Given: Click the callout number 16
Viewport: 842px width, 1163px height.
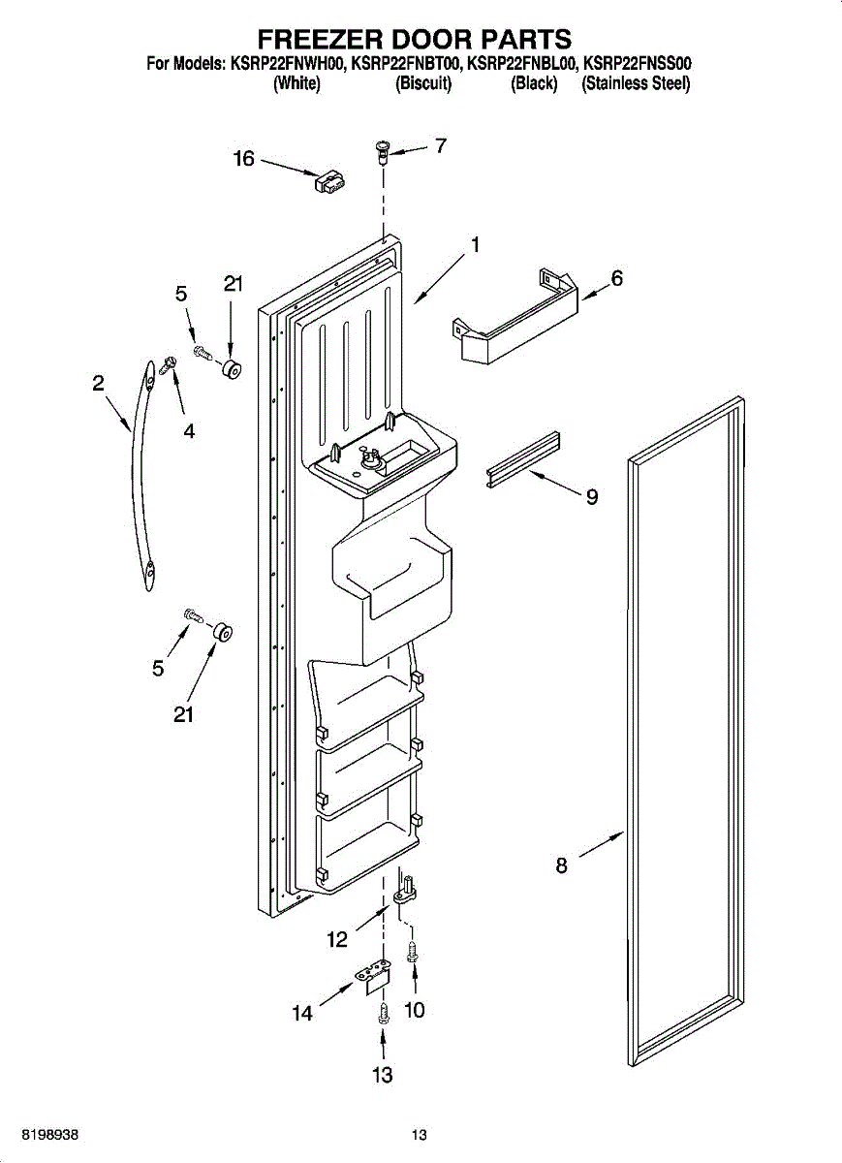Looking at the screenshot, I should click(243, 159).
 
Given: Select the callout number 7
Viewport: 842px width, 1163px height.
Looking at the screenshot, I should click(441, 146).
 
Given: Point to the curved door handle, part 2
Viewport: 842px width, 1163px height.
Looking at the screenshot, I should click(142, 475).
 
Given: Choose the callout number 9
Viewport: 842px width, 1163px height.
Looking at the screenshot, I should click(591, 498).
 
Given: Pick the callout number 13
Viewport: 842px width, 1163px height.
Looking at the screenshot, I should click(383, 1075).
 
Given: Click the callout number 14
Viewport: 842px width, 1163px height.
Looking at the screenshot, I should click(303, 1014).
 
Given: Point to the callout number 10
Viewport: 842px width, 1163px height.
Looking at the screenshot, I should click(414, 1010).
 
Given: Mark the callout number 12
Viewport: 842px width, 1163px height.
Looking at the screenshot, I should click(336, 939).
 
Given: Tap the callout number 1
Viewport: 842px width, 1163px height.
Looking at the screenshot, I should click(476, 246).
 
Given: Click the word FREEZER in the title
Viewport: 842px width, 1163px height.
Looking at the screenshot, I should click(317, 40).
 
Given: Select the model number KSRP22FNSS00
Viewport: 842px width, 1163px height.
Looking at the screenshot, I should click(637, 65).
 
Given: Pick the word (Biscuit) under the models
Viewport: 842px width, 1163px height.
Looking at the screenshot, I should click(423, 84).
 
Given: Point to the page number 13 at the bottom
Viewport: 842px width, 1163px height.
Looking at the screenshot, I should click(419, 1135).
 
